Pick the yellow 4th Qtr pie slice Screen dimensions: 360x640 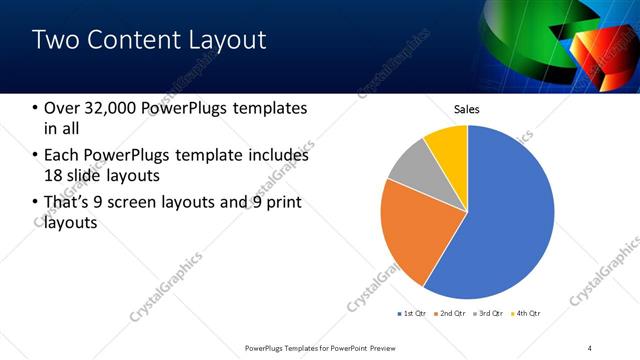click(x=448, y=146)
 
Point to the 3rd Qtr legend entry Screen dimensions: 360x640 click(x=491, y=314)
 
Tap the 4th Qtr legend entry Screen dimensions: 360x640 click(x=529, y=314)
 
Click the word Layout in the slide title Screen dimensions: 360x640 click(x=227, y=40)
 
